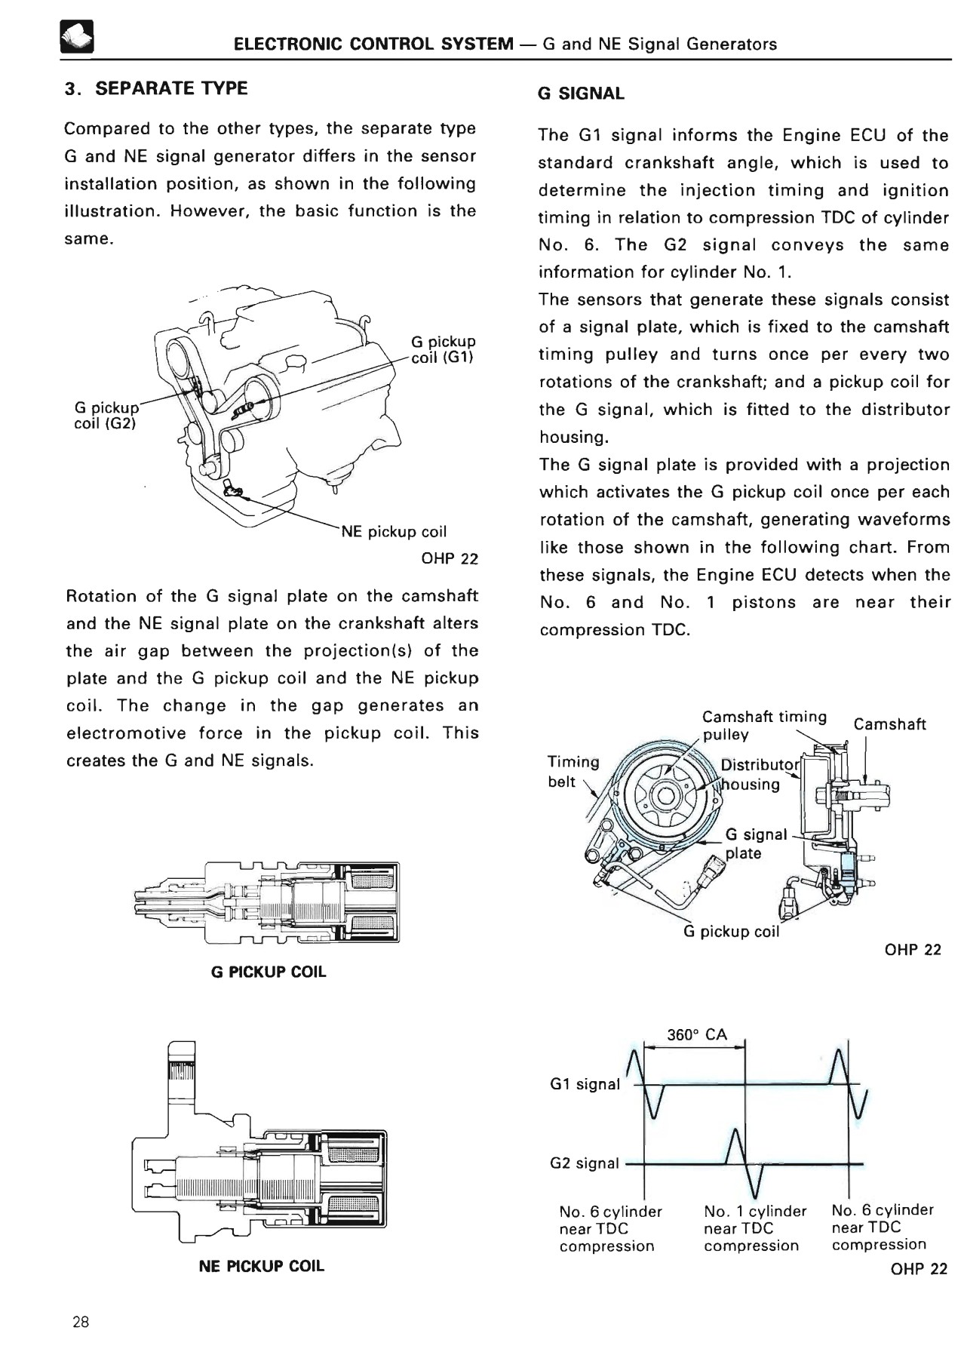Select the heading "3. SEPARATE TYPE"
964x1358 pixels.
tap(156, 88)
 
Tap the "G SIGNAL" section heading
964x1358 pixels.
tap(582, 94)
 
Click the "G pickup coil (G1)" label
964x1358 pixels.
tap(444, 349)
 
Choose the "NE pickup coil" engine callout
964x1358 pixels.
tap(394, 532)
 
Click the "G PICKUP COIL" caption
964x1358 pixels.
tap(269, 972)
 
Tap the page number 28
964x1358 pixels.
tap(81, 1322)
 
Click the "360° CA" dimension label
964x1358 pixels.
tap(697, 1035)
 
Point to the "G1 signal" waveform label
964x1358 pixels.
tap(585, 1084)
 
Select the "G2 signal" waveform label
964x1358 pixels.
tap(585, 1163)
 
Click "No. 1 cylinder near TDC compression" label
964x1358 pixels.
tap(755, 1228)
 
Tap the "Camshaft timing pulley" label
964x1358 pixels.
tap(764, 726)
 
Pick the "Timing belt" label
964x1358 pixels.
tap(573, 772)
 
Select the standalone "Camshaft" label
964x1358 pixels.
tap(890, 725)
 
